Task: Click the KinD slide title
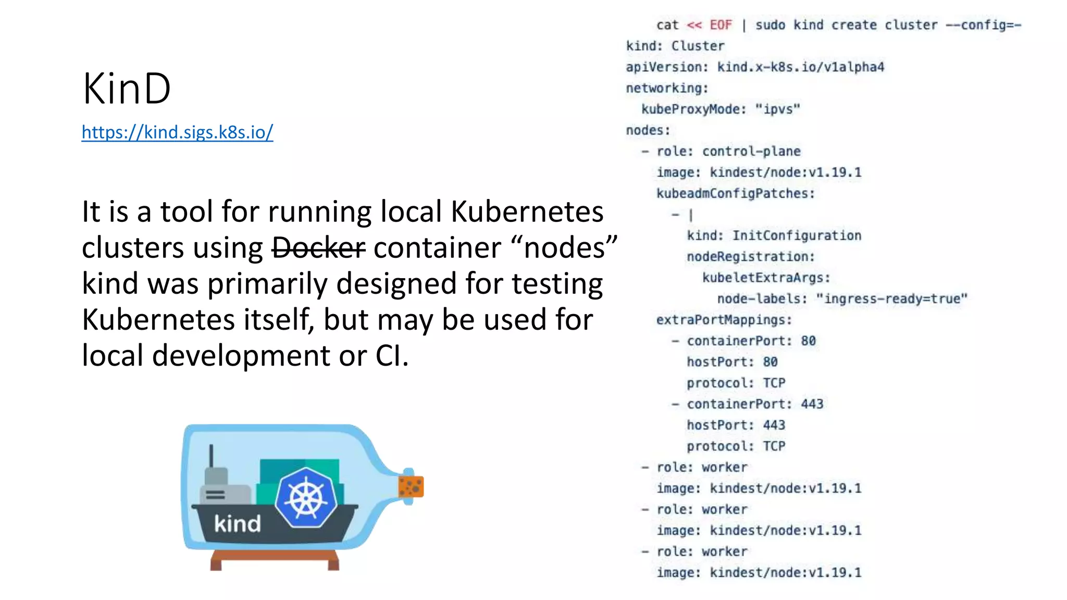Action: (x=127, y=89)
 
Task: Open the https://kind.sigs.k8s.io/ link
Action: (x=177, y=132)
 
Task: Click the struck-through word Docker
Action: (x=318, y=247)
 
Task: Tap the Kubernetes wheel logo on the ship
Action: (x=306, y=497)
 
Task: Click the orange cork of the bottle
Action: (x=411, y=487)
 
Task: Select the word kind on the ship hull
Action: (x=237, y=523)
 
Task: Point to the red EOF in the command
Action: (x=721, y=25)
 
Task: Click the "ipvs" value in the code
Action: (x=777, y=109)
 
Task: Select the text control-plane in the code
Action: (x=751, y=152)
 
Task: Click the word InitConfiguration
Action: (x=797, y=236)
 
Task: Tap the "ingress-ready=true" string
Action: (x=891, y=299)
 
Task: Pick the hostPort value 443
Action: (x=774, y=426)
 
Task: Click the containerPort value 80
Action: (x=808, y=341)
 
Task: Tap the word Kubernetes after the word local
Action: (x=527, y=212)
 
